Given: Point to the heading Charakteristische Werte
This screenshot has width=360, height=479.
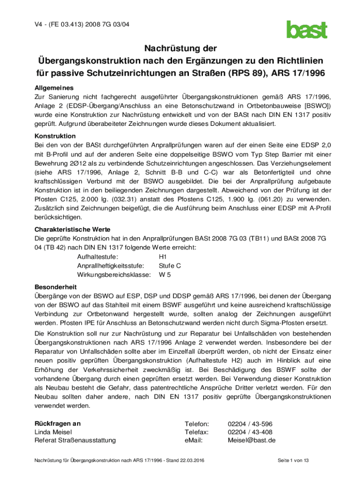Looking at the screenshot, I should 72,229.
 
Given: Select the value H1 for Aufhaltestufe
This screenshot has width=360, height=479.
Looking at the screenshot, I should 163,256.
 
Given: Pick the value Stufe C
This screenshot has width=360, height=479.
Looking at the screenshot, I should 170,266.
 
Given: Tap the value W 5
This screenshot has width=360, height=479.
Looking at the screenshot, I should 165,275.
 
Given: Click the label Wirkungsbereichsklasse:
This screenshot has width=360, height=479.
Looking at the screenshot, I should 114,275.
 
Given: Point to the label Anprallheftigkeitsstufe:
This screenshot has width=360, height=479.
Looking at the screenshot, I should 111,266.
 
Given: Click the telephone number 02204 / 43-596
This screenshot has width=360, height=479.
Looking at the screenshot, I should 250,423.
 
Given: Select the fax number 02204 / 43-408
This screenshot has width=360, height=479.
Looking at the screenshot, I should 250,432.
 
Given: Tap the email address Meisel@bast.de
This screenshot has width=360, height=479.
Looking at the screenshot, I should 252,440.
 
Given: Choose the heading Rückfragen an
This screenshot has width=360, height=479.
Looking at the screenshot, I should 58,423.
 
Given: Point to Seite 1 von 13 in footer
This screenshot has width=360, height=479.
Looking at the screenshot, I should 293,461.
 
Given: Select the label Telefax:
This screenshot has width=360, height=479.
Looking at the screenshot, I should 196,432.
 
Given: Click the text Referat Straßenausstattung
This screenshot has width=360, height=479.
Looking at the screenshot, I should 75,440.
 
